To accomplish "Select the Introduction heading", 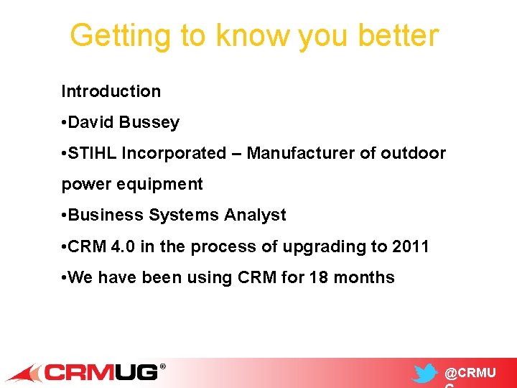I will pos(111,91).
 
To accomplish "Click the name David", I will pos(93,122).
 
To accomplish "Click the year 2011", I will pos(411,246).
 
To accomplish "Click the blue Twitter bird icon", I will pos(424,374).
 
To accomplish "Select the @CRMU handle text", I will pos(470,374).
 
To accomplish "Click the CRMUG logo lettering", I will pos(101,372).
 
